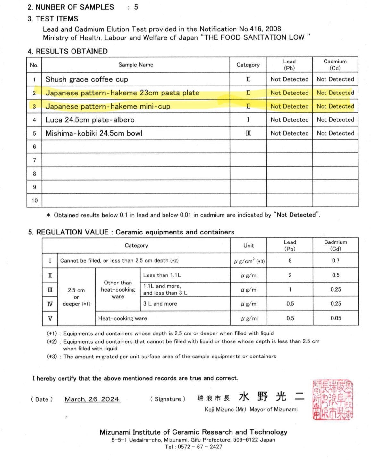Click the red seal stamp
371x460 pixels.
tap(332, 400)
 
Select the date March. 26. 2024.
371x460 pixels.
tap(92, 399)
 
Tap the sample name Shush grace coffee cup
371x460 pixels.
tap(87, 79)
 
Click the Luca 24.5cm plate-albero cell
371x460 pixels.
tap(90, 120)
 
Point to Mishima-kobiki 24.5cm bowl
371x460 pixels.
tap(94, 133)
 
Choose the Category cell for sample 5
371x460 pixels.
tap(248, 133)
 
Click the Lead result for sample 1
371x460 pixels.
tap(289, 79)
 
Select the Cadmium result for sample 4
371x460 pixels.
tap(335, 120)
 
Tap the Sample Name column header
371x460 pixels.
tap(136, 65)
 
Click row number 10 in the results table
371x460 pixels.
tap(34, 201)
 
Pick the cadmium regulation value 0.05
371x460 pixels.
tap(336, 318)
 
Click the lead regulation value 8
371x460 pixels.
tap(290, 260)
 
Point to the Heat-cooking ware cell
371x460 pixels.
tap(122, 318)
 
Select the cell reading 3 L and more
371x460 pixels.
tap(160, 304)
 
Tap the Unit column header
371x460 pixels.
tap(248, 246)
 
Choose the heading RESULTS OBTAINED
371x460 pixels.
tap(72, 51)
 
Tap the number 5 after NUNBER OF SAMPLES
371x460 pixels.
tap(136, 7)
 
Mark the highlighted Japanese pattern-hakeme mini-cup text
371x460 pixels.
tap(108, 106)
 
